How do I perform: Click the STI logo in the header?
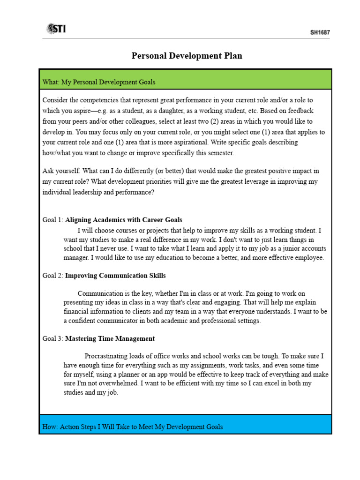[x=56, y=29]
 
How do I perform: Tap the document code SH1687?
[x=320, y=32]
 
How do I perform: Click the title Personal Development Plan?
[x=187, y=56]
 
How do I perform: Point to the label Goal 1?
[x=52, y=219]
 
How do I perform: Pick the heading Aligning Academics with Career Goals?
[x=124, y=219]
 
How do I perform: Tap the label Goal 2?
[x=52, y=276]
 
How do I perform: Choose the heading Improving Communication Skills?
[x=115, y=276]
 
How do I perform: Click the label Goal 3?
[x=52, y=338]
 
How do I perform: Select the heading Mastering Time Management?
[x=110, y=338]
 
